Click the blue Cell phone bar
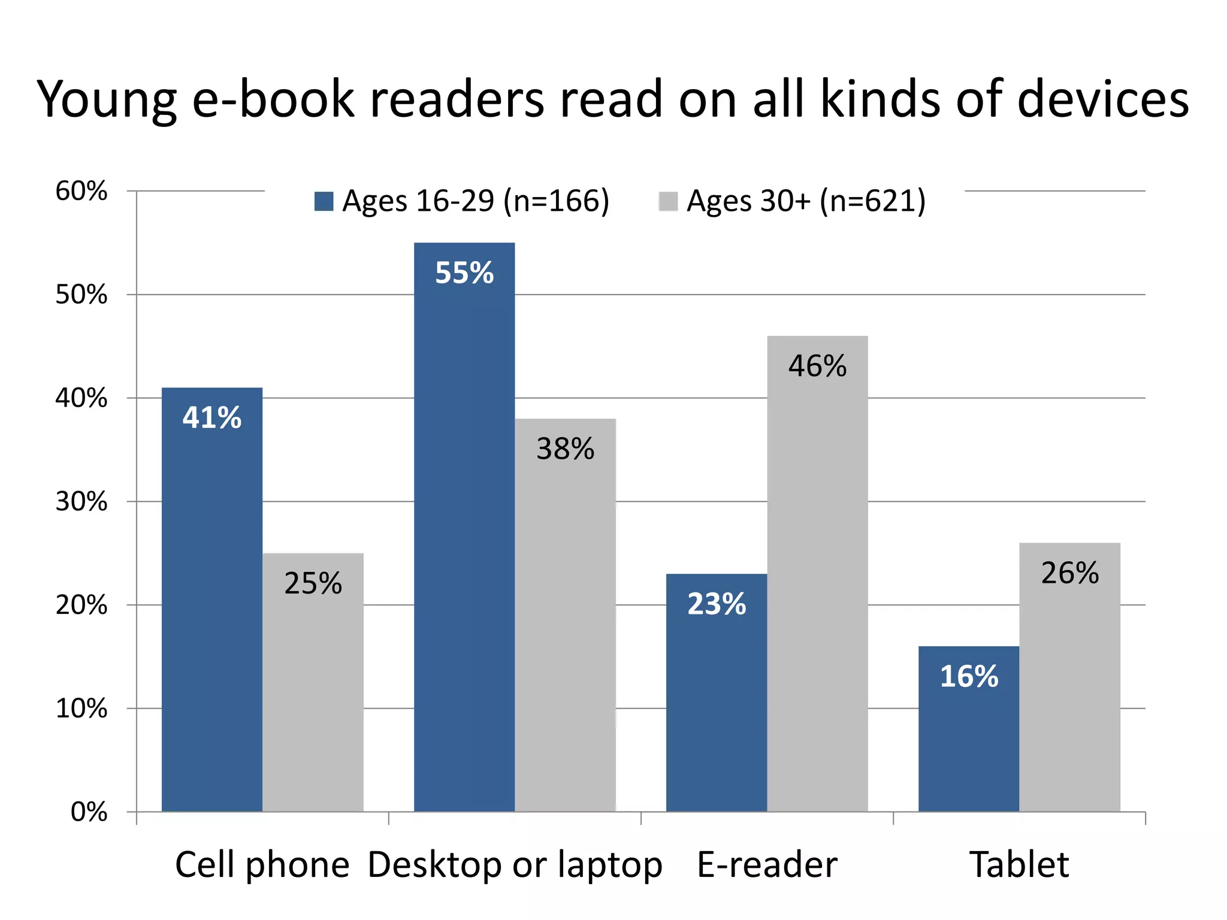[212, 599]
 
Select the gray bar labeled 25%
[313, 683]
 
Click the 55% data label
[464, 273]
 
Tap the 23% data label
[717, 604]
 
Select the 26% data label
[1070, 573]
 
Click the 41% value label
[212, 417]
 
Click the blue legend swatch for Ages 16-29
[324, 201]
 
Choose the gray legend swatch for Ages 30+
[668, 201]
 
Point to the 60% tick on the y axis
[81, 191]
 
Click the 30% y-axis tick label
[81, 501]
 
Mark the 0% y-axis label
[89, 812]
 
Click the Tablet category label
[1019, 864]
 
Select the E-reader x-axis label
[767, 864]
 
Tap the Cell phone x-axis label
[262, 864]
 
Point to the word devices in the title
[1103, 99]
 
